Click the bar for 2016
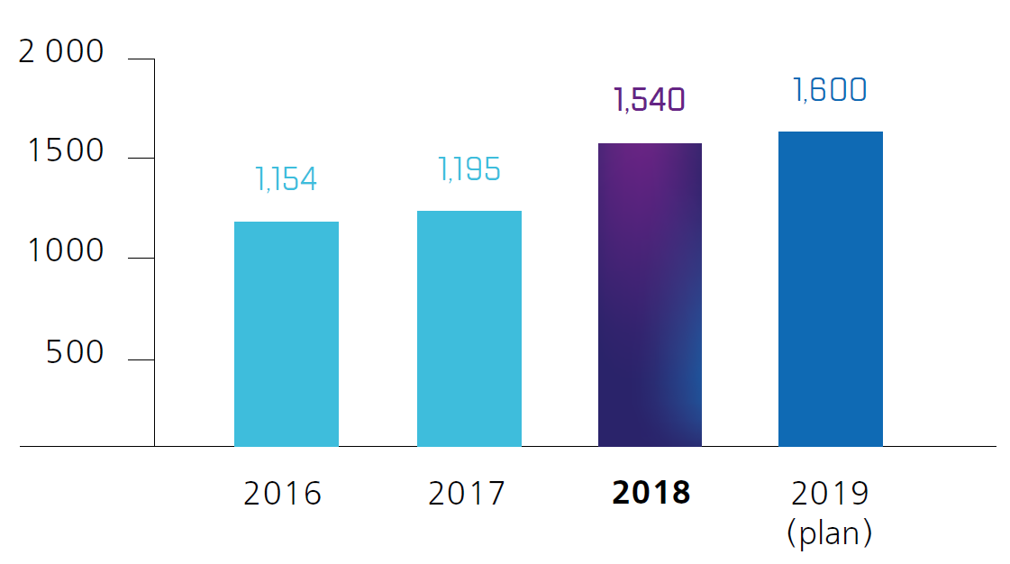tap(286, 333)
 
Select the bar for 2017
tap(469, 328)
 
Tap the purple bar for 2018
tap(650, 295)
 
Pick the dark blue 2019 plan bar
tap(830, 288)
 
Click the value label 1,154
tap(287, 179)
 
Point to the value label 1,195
tap(469, 169)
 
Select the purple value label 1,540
tap(649, 100)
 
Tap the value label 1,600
tap(830, 90)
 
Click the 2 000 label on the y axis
tap(62, 53)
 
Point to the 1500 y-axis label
tap(66, 152)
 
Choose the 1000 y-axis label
tap(66, 251)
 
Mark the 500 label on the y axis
tap(76, 352)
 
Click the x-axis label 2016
tap(283, 494)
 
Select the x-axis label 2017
tap(467, 494)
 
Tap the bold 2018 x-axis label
tap(651, 494)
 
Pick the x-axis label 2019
tap(830, 494)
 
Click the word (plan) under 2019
tap(830, 533)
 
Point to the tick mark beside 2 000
tap(141, 59)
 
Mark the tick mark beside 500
tap(141, 359)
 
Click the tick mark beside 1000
tap(141, 259)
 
